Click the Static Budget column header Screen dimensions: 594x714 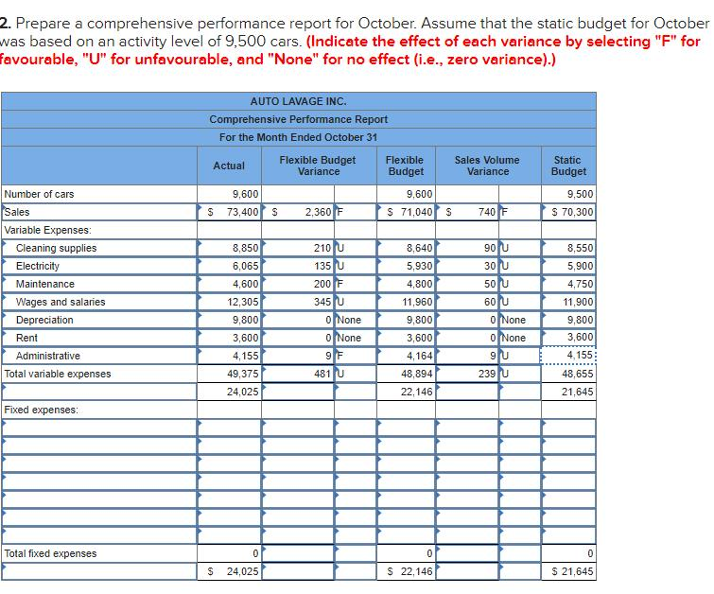(568, 166)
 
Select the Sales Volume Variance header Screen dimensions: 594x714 (487, 166)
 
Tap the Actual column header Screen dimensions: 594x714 (229, 166)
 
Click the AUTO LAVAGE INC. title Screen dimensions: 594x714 (298, 101)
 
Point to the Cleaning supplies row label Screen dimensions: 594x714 (56, 248)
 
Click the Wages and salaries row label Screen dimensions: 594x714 (61, 302)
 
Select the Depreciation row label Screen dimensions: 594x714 (44, 320)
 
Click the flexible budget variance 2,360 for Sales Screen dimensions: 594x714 (316, 212)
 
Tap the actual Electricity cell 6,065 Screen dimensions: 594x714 (245, 266)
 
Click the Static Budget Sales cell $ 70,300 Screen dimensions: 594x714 (572, 212)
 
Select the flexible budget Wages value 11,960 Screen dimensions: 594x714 (417, 302)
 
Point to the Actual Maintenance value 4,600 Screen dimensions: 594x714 (245, 284)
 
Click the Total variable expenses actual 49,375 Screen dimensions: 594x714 (243, 374)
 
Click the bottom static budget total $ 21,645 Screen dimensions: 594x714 (572, 571)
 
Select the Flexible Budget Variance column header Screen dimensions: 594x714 (318, 166)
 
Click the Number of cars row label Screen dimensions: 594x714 (40, 194)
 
